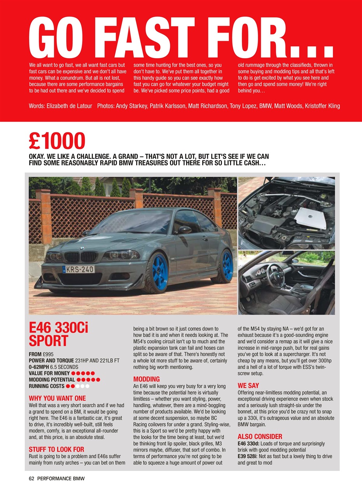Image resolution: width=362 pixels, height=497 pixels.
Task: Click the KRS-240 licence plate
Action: [79, 269]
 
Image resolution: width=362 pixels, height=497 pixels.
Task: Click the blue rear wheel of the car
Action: [227, 265]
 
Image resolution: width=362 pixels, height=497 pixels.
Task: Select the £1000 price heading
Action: [57, 141]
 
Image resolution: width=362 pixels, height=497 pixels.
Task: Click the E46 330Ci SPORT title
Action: [58, 334]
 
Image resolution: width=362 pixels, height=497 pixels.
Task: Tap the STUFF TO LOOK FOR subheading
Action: [56, 449]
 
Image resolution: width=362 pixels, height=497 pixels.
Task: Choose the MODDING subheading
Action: [147, 379]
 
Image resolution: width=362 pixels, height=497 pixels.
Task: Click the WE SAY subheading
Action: [248, 386]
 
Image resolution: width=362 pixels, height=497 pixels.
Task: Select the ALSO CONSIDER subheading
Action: [260, 436]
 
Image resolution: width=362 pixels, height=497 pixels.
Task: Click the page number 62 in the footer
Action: [32, 479]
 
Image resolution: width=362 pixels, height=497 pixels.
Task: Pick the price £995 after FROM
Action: [50, 355]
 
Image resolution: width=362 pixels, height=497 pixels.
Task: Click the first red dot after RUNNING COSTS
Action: [68, 386]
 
